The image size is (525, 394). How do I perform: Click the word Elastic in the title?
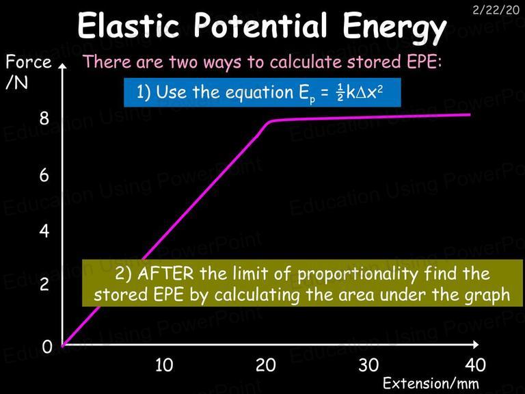129,25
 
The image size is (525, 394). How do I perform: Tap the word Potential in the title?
260,25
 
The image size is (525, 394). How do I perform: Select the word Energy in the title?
394,29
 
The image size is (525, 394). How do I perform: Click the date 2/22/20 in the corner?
496,10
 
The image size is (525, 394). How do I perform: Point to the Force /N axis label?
28,72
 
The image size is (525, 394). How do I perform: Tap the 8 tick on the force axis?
44,118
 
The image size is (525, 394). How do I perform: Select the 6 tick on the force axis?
44,175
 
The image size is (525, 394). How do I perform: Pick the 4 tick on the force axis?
44,231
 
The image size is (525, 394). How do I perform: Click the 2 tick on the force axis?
44,284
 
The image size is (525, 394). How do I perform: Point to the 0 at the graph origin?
47,347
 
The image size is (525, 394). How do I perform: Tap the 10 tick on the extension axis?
164,365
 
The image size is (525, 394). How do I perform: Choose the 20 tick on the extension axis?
266,365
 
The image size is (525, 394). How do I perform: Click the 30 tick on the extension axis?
368,365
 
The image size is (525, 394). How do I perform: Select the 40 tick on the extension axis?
475,365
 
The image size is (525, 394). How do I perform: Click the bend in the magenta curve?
269,122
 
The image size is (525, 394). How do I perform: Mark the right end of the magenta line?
470,115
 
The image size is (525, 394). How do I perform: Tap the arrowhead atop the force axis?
62,66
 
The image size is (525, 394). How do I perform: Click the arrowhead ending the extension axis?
476,344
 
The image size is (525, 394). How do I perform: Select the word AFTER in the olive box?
165,274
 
